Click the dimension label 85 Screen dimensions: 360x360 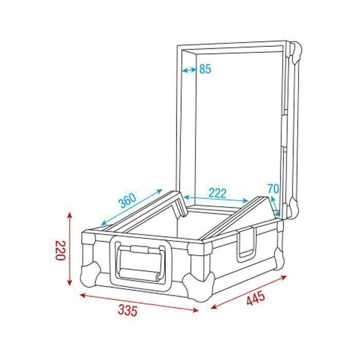click(205, 69)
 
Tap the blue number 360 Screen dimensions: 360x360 click(127, 201)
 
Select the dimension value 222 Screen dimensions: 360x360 click(218, 193)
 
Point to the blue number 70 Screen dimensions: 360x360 click(274, 189)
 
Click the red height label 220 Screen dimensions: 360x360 click(60, 250)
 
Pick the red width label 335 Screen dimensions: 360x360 click(128, 311)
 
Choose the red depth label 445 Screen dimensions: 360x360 click(256, 298)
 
